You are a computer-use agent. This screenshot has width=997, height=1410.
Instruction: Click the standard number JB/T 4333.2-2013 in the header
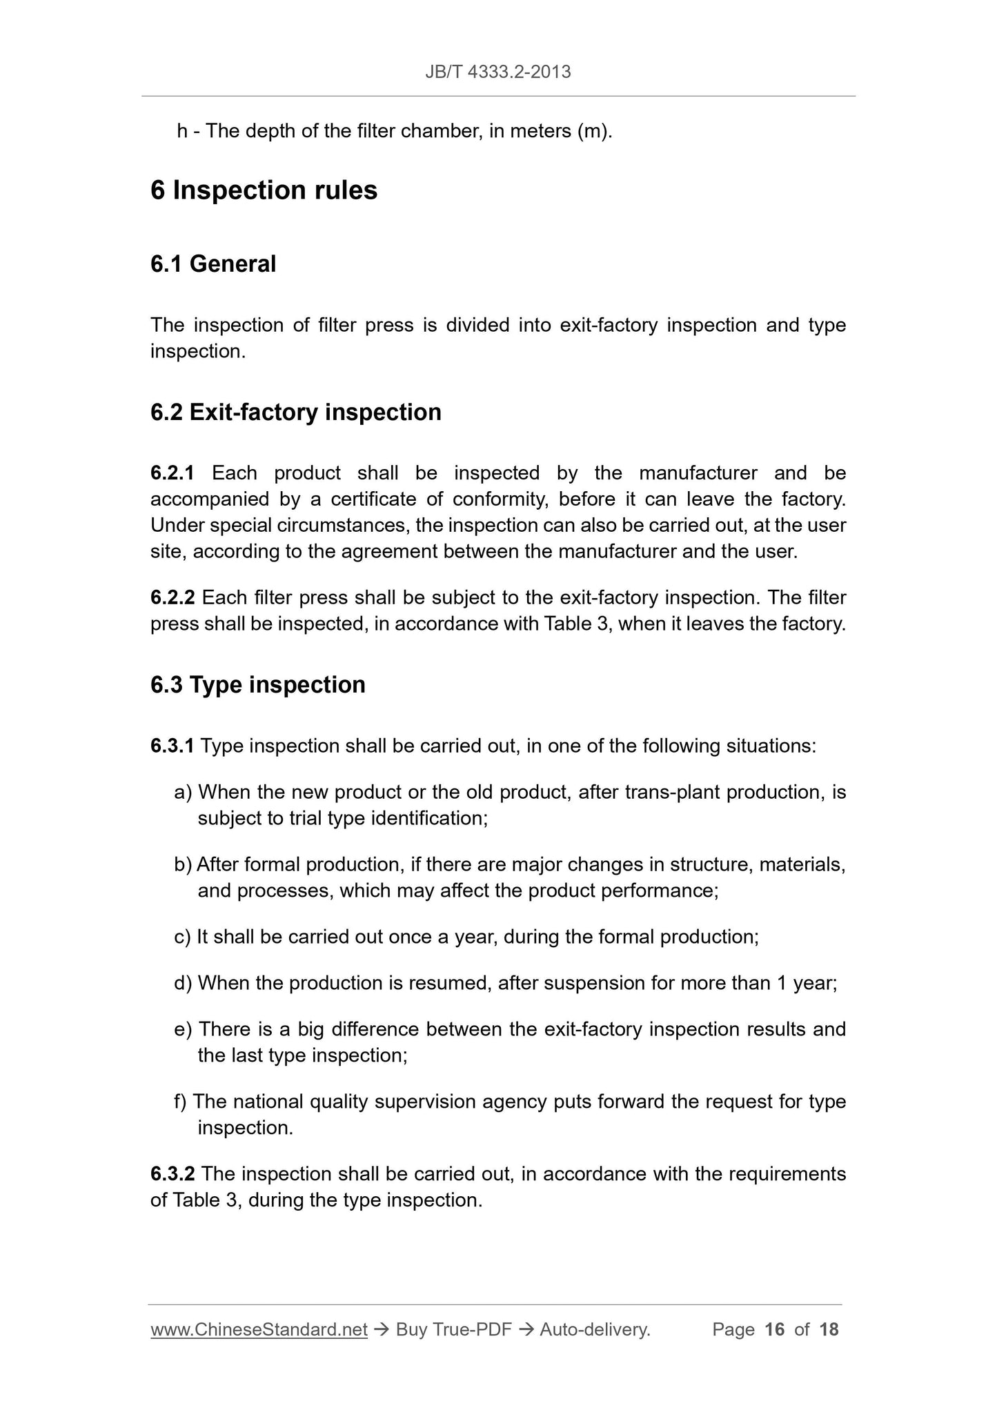pos(497,72)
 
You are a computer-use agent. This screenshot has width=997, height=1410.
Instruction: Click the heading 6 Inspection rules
pos(264,190)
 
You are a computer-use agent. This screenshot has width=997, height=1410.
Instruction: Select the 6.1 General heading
pos(213,264)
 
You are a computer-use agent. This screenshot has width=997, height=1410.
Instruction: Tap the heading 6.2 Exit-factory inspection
pos(295,412)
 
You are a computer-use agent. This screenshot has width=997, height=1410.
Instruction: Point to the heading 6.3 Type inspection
pos(257,684)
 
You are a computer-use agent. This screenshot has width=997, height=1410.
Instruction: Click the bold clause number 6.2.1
pos(172,473)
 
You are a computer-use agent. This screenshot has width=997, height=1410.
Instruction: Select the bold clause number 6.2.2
pos(172,597)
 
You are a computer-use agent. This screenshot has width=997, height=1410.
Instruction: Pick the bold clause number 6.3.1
pos(172,746)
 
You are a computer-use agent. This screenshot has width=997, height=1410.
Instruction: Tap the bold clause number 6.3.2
pos(172,1173)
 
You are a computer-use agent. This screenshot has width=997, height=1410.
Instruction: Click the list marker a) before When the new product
pos(183,792)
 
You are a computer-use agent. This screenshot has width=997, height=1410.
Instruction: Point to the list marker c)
pos(182,937)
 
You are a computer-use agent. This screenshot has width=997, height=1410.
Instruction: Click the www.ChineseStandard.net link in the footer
pos(258,1329)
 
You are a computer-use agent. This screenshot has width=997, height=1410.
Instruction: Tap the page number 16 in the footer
pos(775,1329)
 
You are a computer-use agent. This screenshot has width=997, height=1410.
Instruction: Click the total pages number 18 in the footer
pos(829,1329)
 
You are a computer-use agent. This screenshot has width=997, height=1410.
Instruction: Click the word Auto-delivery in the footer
pos(594,1329)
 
